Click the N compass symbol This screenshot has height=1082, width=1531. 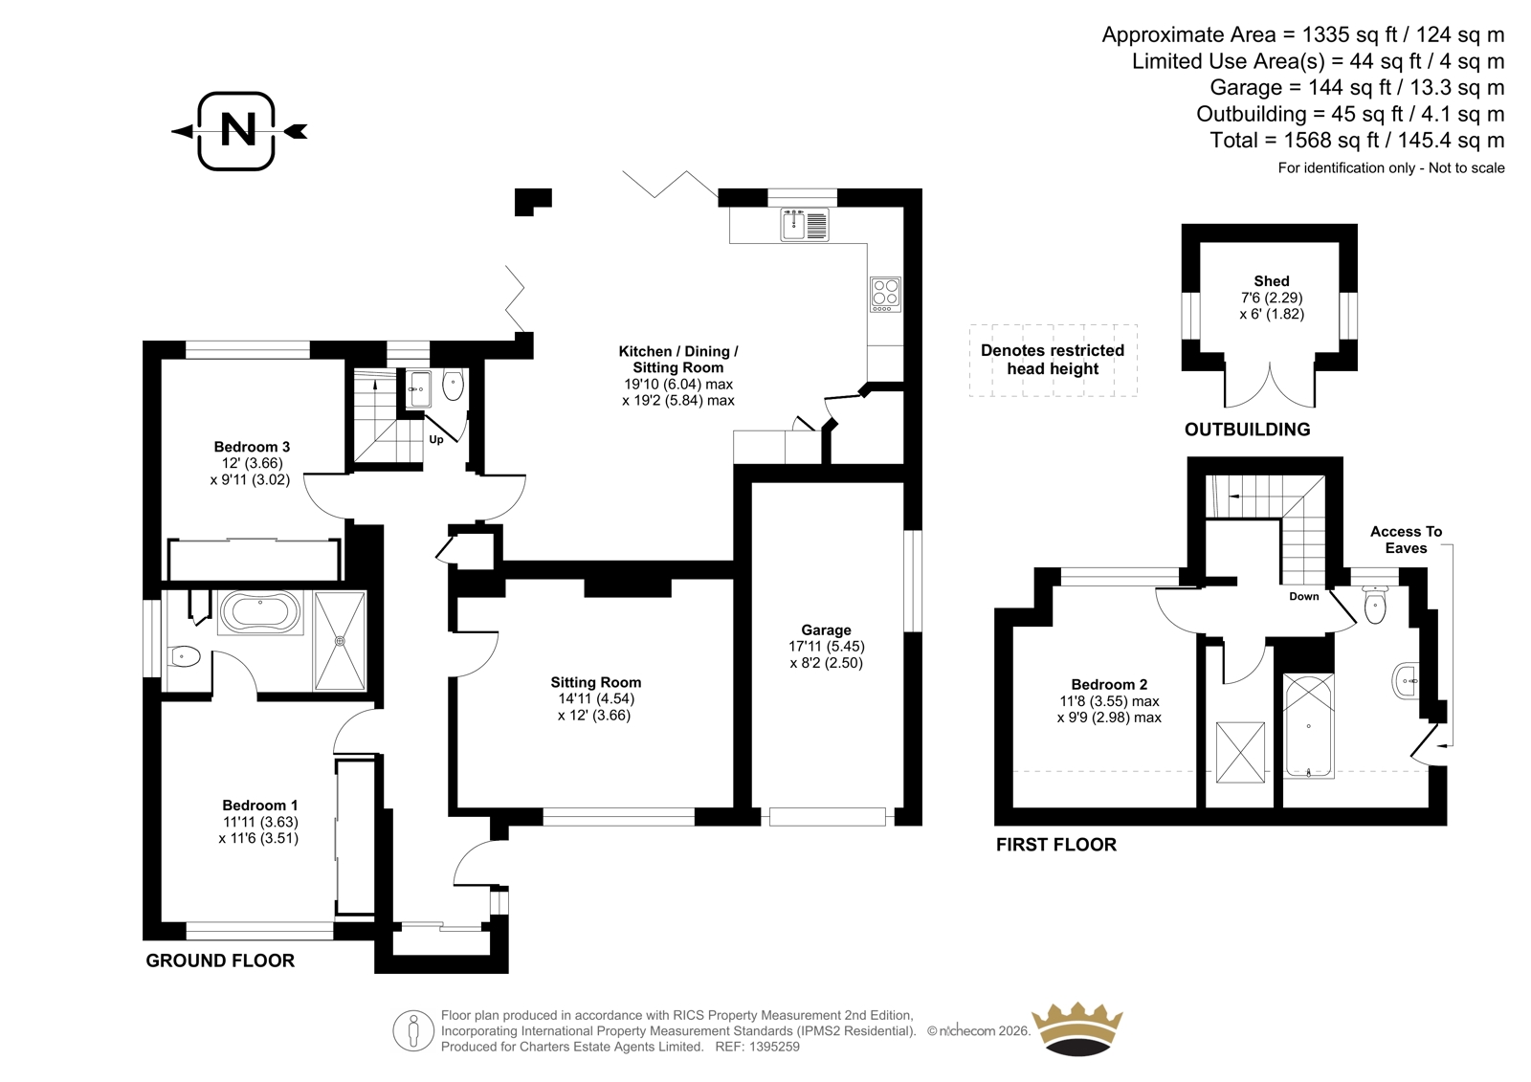tap(238, 130)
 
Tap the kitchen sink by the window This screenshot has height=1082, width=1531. tap(805, 225)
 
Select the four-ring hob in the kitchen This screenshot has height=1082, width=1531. tap(885, 295)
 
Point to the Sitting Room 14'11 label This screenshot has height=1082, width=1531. tap(595, 698)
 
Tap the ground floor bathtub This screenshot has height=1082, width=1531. tap(260, 611)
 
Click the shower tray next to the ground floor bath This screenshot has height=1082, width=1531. tap(340, 641)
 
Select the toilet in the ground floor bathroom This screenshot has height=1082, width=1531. tap(183, 657)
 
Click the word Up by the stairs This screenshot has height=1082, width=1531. tap(436, 439)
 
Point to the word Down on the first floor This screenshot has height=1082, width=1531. tap(1304, 596)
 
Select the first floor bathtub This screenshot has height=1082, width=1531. tap(1309, 725)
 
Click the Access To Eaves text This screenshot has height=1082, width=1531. tap(1406, 540)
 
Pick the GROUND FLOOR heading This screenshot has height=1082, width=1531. tap(220, 961)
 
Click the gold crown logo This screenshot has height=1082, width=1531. tap(1077, 1029)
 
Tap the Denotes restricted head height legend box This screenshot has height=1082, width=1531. tap(1054, 361)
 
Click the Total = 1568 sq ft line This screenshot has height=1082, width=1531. tap(1357, 140)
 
